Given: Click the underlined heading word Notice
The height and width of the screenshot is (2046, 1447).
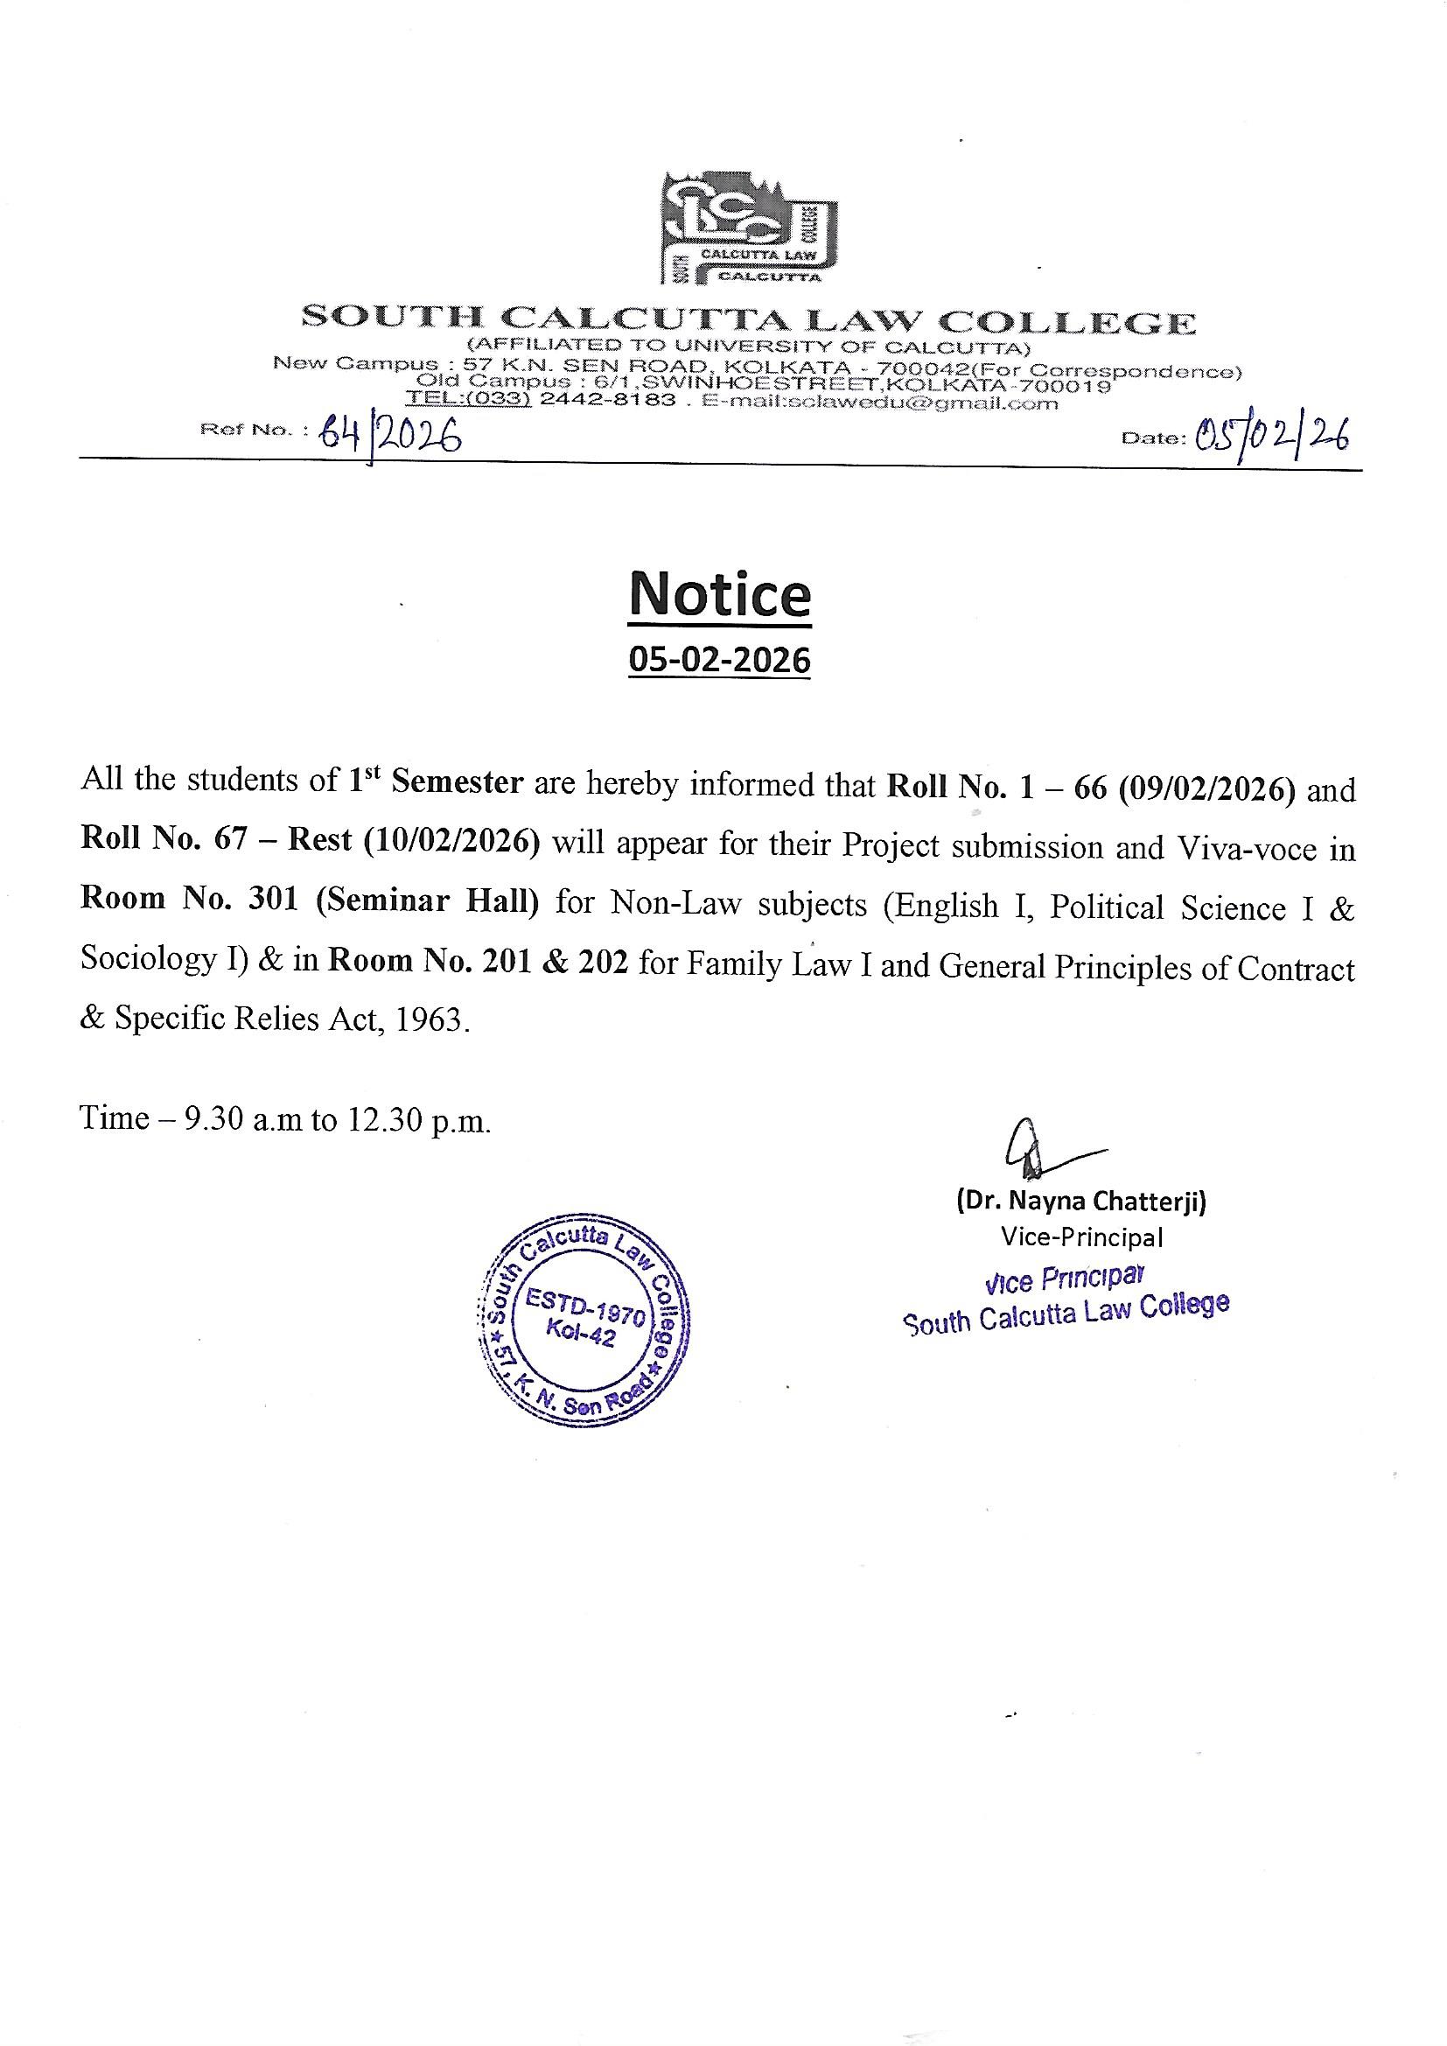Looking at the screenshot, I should [x=720, y=594].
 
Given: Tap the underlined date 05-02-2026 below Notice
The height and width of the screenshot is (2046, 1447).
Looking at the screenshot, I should [x=720, y=661].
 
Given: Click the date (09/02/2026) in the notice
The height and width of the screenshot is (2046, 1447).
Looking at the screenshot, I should [x=1207, y=788].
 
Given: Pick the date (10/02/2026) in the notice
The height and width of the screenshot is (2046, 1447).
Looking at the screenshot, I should [x=451, y=841].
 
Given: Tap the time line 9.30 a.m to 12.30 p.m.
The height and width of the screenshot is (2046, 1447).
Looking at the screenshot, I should [x=285, y=1118].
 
